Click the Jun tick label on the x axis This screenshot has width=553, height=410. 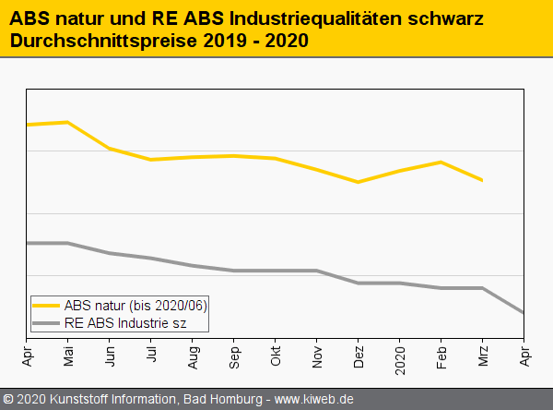click(110, 356)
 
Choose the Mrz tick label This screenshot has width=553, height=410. click(483, 356)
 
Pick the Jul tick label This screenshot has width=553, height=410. click(151, 355)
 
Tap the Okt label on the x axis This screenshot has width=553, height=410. click(276, 356)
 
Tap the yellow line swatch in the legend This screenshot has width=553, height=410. click(46, 305)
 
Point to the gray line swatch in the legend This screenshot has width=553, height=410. click(46, 322)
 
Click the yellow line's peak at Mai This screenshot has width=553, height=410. click(67, 122)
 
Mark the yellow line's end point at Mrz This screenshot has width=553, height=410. click(482, 180)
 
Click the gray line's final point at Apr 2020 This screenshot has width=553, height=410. click(524, 313)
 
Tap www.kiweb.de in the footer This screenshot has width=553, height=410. click(314, 400)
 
